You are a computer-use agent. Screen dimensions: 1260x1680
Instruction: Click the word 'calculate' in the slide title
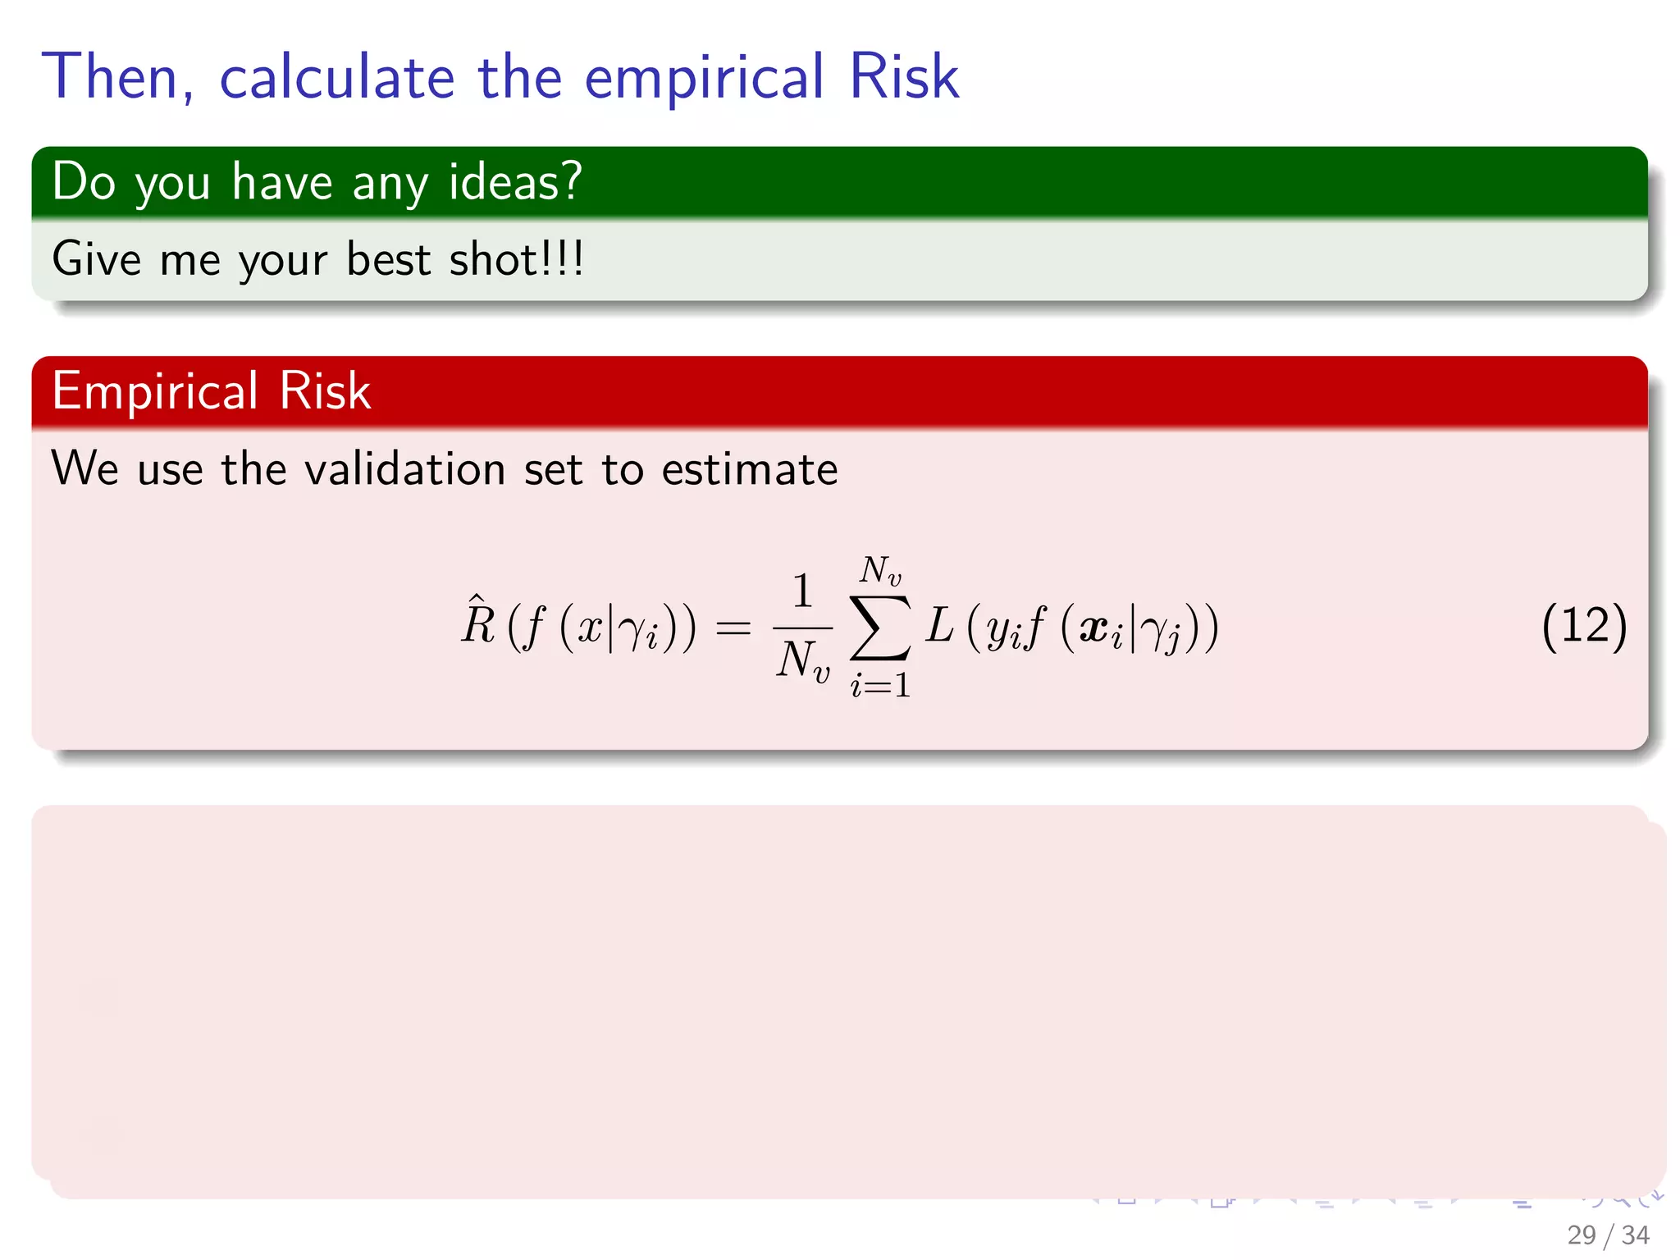[336, 77]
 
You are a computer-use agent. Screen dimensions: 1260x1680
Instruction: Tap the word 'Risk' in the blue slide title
[903, 77]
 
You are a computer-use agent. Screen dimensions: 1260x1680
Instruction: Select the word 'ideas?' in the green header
[515, 181]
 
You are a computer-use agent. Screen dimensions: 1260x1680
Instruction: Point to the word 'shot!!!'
[517, 259]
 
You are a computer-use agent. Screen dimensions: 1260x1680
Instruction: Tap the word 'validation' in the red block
[404, 469]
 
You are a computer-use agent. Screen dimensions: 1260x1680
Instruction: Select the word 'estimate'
[750, 469]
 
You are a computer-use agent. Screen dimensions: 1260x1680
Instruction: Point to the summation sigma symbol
[880, 627]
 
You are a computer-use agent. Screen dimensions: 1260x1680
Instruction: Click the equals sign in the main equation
[733, 628]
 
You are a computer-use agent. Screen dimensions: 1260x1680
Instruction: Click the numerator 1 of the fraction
[802, 591]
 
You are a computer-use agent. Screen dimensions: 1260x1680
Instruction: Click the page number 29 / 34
[1607, 1235]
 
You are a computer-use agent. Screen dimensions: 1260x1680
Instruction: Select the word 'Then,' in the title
[118, 77]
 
